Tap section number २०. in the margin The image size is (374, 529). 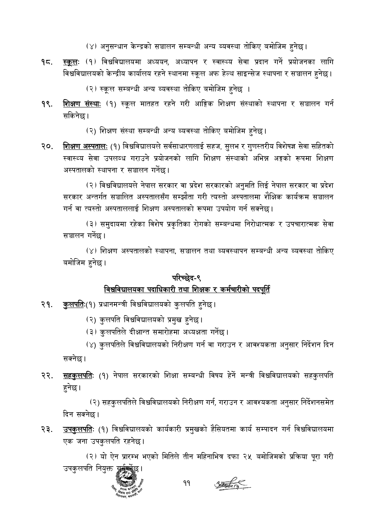[48, 147]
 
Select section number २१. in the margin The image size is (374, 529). [47, 305]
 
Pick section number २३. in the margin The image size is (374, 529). [48, 429]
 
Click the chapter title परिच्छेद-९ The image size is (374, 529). [187, 277]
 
